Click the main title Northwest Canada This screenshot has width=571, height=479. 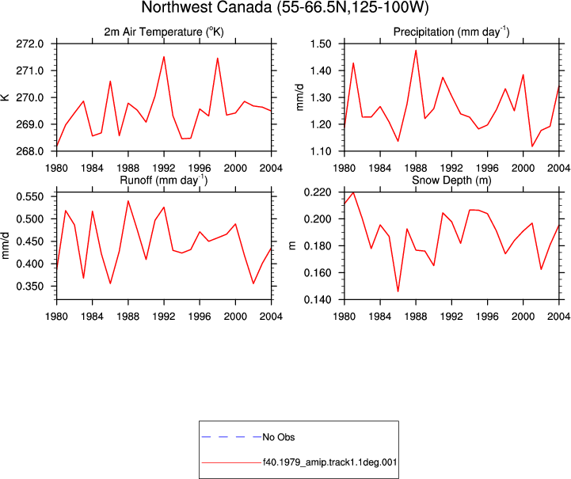click(x=285, y=7)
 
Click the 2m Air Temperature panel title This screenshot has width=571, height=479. click(x=164, y=32)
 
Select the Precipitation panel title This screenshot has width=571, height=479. click(x=451, y=32)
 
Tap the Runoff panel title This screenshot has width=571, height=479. click(x=164, y=181)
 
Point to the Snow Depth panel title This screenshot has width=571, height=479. click(x=451, y=181)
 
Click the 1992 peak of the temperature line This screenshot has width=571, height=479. click(x=164, y=56)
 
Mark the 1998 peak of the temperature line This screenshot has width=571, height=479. click(x=218, y=59)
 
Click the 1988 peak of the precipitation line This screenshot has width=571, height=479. click(x=416, y=51)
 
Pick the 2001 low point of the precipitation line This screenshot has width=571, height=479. click(x=532, y=146)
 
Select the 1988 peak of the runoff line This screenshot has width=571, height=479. click(x=128, y=201)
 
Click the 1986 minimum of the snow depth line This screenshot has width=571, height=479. click(x=398, y=291)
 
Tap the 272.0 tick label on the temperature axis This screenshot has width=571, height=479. click(x=30, y=44)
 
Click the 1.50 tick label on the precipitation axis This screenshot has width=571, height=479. click(x=321, y=44)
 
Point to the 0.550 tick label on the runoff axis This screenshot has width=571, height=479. click(x=30, y=196)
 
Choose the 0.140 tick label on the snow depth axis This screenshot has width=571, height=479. click(x=318, y=299)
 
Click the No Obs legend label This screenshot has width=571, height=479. click(x=279, y=437)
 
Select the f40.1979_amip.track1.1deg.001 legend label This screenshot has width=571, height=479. click(x=329, y=462)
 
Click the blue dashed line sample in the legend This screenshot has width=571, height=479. click(x=231, y=437)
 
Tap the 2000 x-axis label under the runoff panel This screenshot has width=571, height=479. click(x=235, y=317)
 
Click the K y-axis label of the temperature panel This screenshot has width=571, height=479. click(x=5, y=97)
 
